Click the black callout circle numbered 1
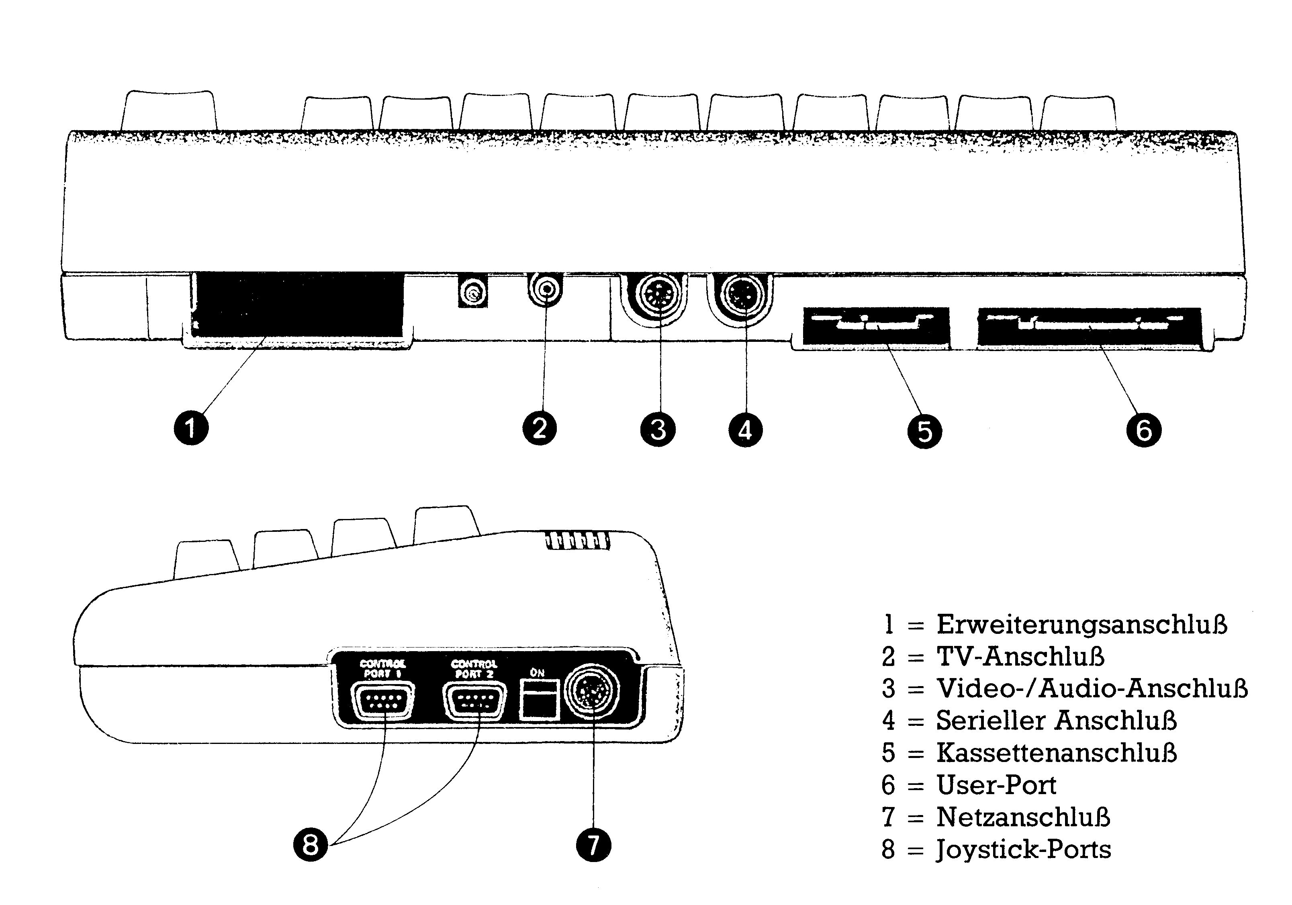pos(191,428)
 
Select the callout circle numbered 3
pos(658,429)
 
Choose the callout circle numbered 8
pos(311,844)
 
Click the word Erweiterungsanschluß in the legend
pos(1081,625)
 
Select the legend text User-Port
pos(996,785)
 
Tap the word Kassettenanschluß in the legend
pos(1056,753)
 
